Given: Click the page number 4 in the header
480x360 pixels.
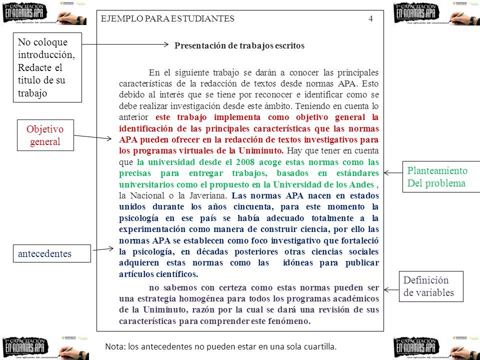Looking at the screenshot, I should click(370, 19).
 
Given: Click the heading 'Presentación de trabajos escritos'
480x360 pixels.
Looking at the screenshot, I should click(239, 45).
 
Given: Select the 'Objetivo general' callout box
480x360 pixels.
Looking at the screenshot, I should click(45, 135).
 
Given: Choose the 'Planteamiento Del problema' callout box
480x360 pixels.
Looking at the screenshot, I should click(437, 177).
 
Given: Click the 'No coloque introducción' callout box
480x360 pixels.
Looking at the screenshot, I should click(46, 67).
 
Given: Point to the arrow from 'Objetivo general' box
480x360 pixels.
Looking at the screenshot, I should click(93, 136).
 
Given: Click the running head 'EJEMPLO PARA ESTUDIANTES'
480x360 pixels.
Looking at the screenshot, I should click(167, 19).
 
